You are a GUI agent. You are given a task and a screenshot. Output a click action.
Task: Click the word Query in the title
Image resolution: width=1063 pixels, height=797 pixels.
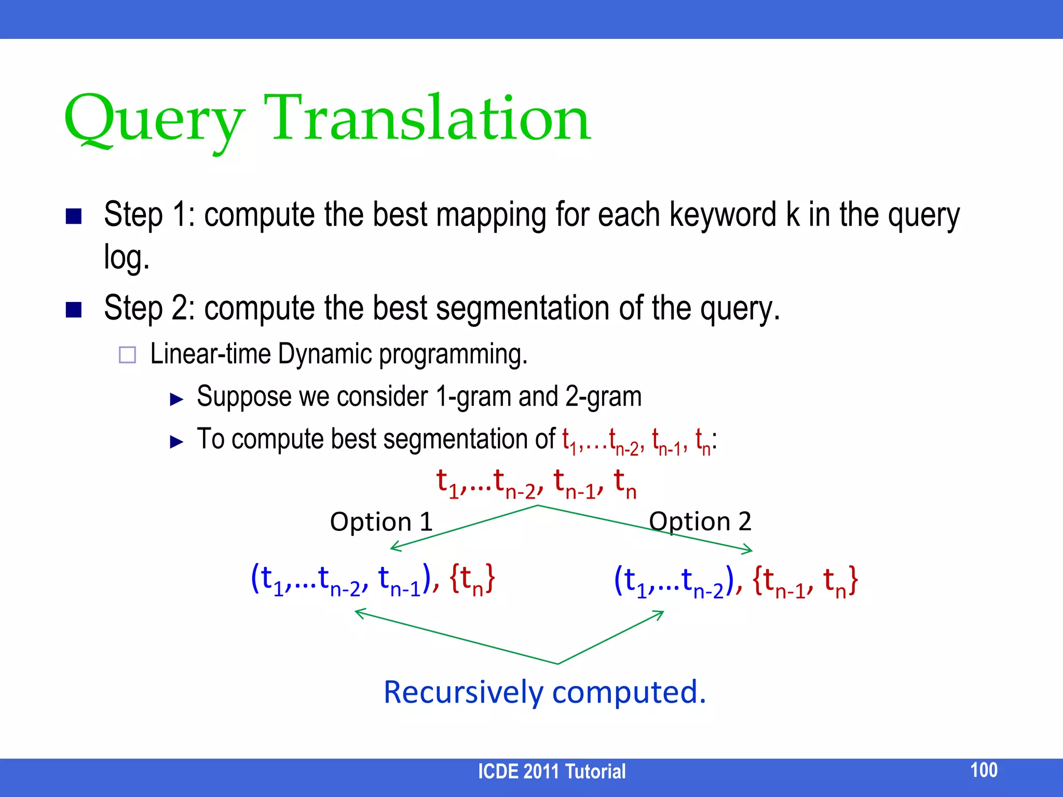coord(153,120)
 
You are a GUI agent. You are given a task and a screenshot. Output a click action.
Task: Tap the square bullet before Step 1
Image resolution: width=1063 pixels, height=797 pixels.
coord(74,216)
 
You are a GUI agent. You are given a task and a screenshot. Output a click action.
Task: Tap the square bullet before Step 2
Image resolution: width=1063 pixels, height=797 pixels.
coord(74,309)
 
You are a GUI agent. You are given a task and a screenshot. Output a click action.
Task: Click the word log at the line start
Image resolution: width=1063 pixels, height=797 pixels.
coord(126,257)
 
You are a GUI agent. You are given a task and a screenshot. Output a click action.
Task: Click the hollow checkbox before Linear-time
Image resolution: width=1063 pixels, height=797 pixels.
coord(127,355)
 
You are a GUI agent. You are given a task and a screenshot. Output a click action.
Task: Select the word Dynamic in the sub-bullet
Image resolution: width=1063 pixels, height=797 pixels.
coord(324,354)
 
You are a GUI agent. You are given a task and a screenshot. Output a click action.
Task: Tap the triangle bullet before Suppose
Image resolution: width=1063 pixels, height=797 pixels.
coord(177,399)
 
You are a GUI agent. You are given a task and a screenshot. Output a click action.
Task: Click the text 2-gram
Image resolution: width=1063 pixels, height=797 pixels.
coord(603,397)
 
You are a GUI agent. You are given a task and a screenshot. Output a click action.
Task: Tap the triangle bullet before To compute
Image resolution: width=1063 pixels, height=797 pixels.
coord(177,442)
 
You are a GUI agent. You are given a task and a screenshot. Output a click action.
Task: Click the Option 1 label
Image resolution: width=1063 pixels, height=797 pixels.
coord(381,521)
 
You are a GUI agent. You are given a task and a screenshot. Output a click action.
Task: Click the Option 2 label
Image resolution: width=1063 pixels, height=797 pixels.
coord(700,521)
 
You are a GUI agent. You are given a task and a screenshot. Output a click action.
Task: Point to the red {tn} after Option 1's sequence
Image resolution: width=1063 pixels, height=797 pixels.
coord(472,579)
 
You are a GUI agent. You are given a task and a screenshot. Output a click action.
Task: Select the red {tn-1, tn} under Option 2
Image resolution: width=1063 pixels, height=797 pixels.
coord(805,581)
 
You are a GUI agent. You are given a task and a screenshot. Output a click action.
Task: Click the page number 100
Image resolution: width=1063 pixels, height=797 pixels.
coord(984,770)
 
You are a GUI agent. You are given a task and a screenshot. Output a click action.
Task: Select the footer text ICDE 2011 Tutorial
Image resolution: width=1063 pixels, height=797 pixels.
coord(551,772)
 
